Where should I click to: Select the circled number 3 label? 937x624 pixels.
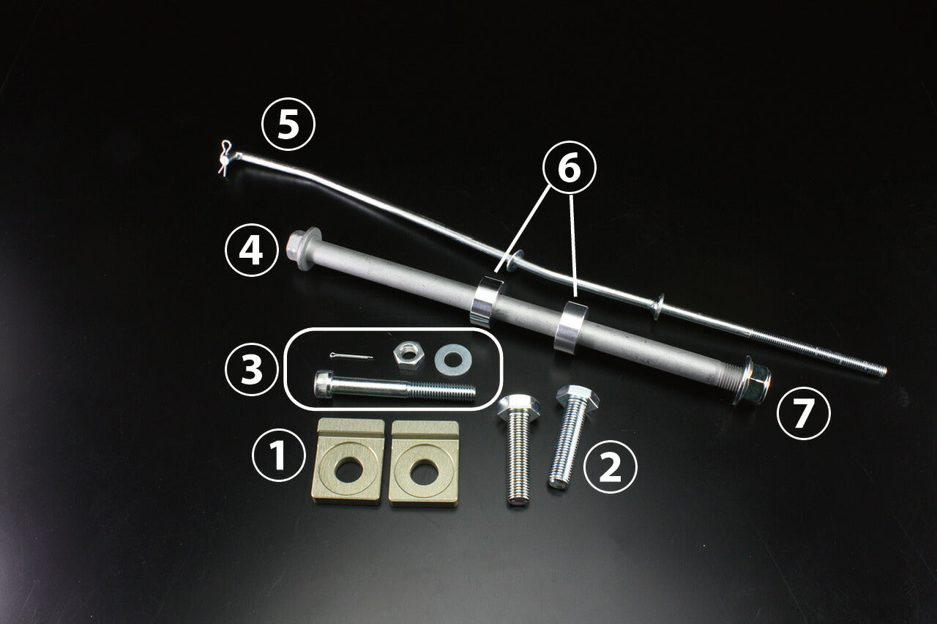point(251,370)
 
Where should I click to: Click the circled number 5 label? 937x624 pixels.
point(288,126)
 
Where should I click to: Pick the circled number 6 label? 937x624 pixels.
point(569,168)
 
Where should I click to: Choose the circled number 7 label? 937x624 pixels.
point(803,414)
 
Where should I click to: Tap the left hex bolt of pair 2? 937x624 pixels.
point(517,447)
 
